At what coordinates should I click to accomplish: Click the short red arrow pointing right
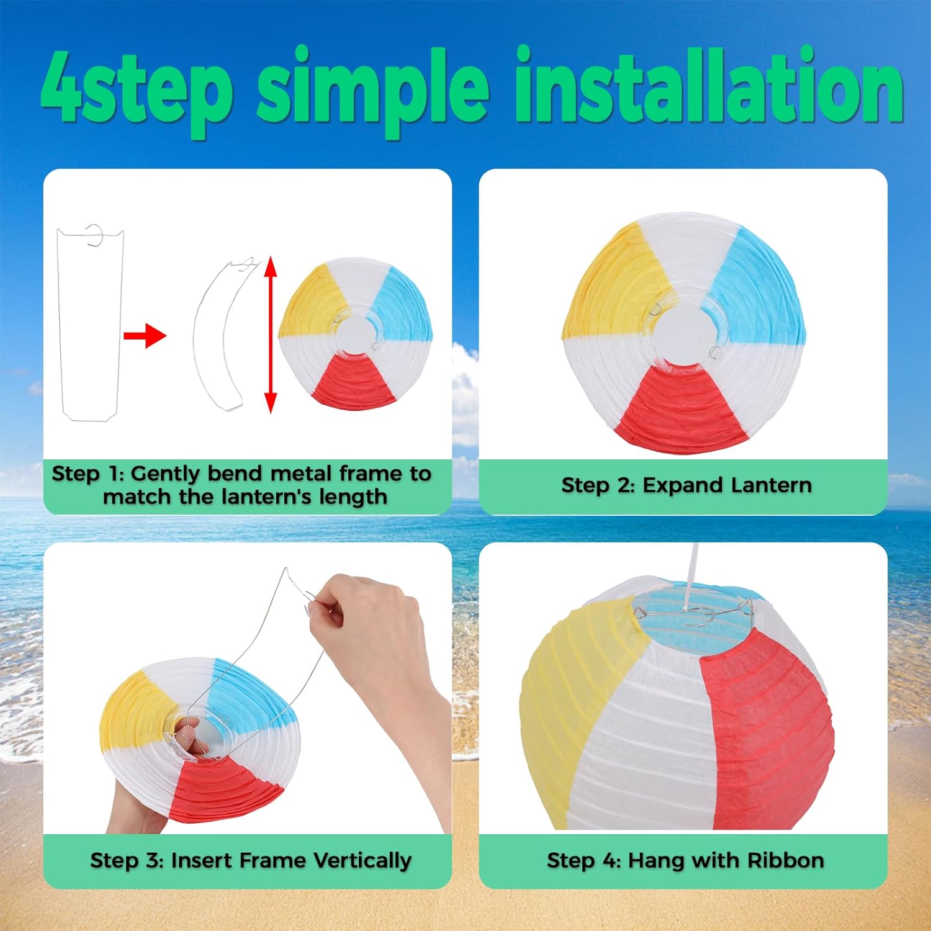pyautogui.click(x=145, y=336)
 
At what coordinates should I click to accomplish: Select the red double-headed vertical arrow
pyautogui.click(x=270, y=335)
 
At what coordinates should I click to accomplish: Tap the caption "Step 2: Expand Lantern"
pyautogui.click(x=686, y=485)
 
